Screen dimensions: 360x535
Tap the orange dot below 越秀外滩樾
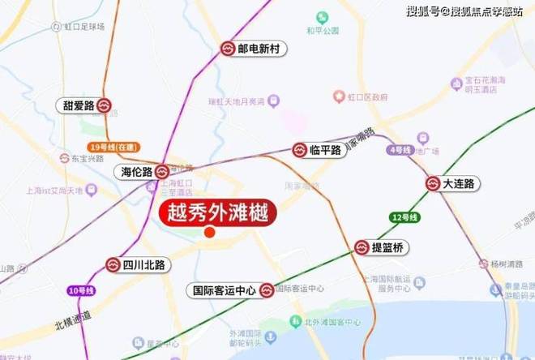(x=209, y=233)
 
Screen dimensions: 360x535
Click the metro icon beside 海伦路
(x=161, y=171)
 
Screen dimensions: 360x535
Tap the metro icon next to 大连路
(x=432, y=184)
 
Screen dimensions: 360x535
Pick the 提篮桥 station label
(x=387, y=247)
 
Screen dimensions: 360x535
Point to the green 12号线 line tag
(x=403, y=218)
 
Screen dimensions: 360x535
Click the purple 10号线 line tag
(x=79, y=291)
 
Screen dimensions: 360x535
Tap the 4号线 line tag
(x=400, y=150)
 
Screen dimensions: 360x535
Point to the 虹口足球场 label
(x=84, y=27)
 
